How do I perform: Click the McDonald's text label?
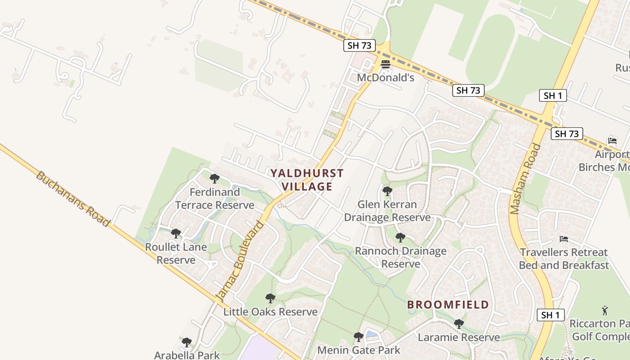pyautogui.click(x=385, y=77)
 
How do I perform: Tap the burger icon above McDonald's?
pyautogui.click(x=385, y=64)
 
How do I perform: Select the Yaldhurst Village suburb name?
pyautogui.click(x=307, y=180)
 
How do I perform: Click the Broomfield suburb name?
pyautogui.click(x=448, y=305)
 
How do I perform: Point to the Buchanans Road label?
pyautogui.click(x=72, y=198)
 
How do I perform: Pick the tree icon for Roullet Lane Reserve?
pyautogui.click(x=176, y=234)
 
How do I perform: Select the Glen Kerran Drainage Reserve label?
pyautogui.click(x=387, y=211)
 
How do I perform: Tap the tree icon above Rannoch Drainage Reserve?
pyautogui.click(x=400, y=238)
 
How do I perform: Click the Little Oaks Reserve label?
pyautogui.click(x=270, y=312)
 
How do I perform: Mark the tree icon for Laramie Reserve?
pyautogui.click(x=459, y=324)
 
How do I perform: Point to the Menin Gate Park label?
pyautogui.click(x=359, y=350)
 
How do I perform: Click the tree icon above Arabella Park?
pyautogui.click(x=187, y=342)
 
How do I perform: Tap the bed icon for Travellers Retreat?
pyautogui.click(x=563, y=239)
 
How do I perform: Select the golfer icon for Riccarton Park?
pyautogui.click(x=605, y=310)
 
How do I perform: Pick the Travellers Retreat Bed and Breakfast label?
pyautogui.click(x=563, y=259)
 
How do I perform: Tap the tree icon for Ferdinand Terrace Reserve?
pyautogui.click(x=215, y=179)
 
